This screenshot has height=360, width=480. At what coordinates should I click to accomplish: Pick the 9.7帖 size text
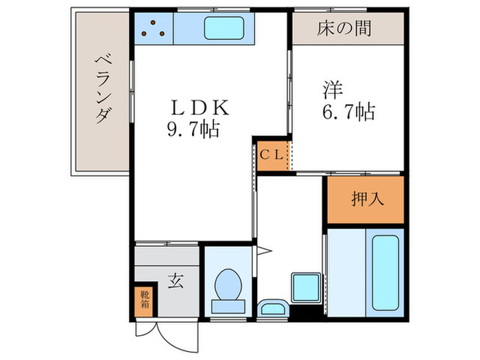194,130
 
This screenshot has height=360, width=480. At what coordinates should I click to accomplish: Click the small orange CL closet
270,154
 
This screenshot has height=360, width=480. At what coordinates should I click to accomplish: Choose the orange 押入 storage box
364,200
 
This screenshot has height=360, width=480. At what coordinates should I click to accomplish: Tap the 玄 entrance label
176,282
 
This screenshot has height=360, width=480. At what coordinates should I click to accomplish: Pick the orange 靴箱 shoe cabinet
145,300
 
